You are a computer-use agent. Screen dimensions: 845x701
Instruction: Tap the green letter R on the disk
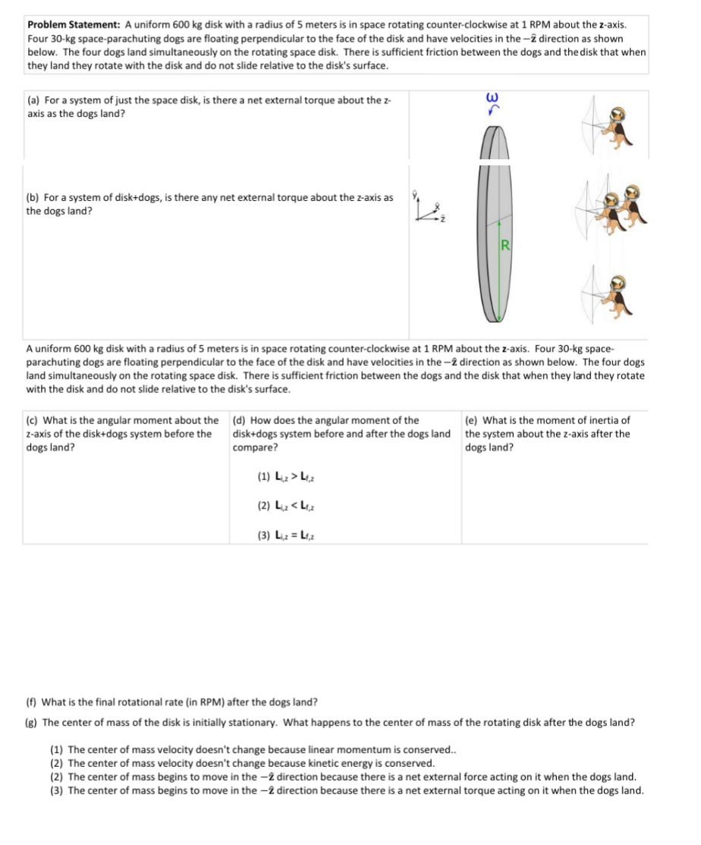click(504, 244)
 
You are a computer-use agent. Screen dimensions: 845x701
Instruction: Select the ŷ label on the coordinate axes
click(414, 194)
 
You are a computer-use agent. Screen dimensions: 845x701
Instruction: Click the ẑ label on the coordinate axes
click(446, 218)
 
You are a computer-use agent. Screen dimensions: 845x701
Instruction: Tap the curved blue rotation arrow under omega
click(498, 111)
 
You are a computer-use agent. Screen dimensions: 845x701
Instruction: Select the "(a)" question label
click(34, 100)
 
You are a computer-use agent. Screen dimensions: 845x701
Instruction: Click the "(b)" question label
click(34, 197)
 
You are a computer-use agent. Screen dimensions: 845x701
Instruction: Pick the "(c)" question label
click(33, 420)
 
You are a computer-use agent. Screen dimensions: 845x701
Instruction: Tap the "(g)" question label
click(33, 722)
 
